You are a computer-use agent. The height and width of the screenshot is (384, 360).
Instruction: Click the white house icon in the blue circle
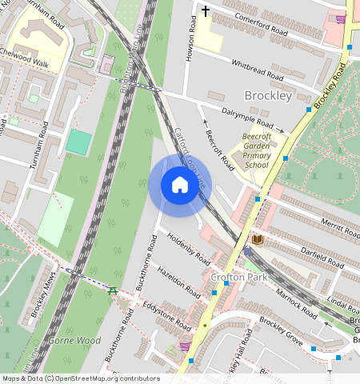[x=180, y=186]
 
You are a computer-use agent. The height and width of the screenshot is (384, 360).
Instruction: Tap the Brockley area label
[x=267, y=96]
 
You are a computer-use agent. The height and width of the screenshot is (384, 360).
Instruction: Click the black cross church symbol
[x=205, y=11]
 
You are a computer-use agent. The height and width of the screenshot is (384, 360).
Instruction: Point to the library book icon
[x=258, y=239]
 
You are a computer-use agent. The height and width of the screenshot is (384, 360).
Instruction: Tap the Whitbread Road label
[x=257, y=70]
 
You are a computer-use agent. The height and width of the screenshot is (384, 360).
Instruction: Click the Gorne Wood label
[x=74, y=340]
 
